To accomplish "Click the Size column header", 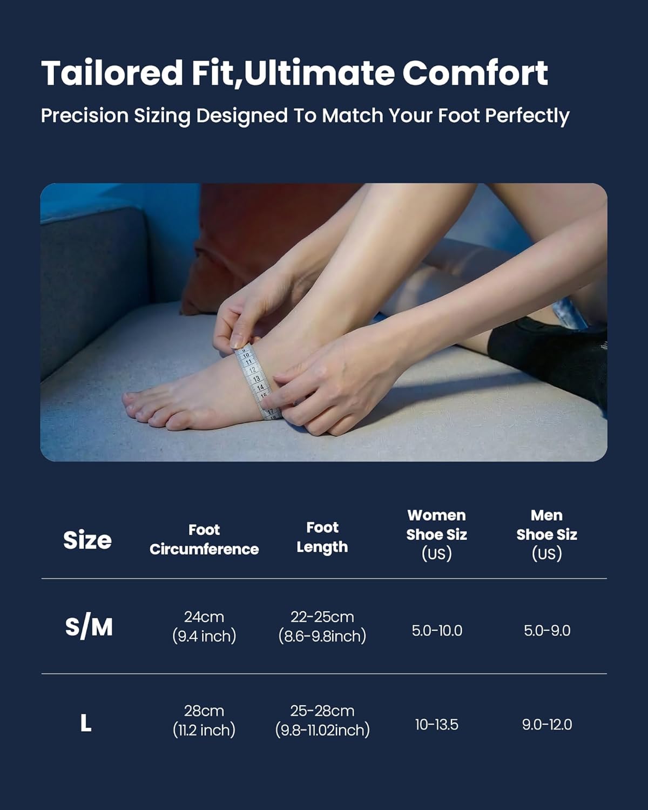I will tap(87, 540).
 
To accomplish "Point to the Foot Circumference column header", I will tap(204, 539).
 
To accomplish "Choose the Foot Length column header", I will tap(322, 537).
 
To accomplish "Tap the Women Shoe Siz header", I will tap(436, 534).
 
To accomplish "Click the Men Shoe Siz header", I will tap(546, 534).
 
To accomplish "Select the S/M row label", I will tap(89, 627).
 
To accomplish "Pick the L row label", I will tap(86, 723).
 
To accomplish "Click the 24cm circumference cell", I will tap(204, 626).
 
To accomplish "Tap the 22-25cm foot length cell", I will tap(322, 626).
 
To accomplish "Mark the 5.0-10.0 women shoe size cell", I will tap(437, 631).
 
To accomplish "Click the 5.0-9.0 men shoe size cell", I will tap(547, 631).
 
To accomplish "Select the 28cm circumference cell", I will tap(204, 720).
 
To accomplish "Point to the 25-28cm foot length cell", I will tap(322, 720).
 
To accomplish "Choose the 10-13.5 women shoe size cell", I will tap(436, 725).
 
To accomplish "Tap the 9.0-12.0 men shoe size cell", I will tap(547, 725).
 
